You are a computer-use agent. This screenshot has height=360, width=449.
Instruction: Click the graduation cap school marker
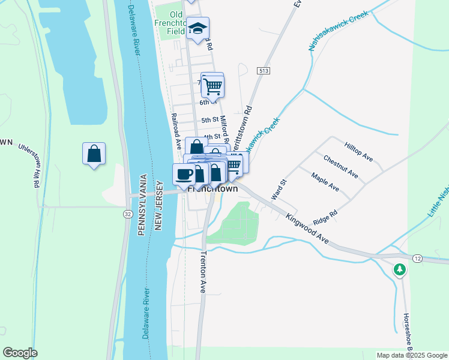(x=197, y=28)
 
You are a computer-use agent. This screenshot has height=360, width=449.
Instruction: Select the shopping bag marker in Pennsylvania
(x=94, y=154)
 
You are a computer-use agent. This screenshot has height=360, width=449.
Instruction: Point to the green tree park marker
(x=400, y=271)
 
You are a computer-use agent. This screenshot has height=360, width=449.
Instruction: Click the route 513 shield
(x=262, y=71)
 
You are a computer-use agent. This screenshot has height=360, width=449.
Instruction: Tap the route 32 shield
(x=128, y=214)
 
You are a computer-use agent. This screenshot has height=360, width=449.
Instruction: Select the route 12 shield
(x=417, y=257)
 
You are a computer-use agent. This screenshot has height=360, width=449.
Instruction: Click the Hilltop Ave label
(x=359, y=152)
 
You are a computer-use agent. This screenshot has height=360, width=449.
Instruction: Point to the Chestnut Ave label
(x=340, y=167)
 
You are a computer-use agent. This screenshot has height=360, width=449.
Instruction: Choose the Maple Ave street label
(x=325, y=182)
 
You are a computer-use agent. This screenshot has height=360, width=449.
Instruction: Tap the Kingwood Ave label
(x=307, y=229)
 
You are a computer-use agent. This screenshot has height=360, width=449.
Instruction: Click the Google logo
(x=20, y=353)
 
